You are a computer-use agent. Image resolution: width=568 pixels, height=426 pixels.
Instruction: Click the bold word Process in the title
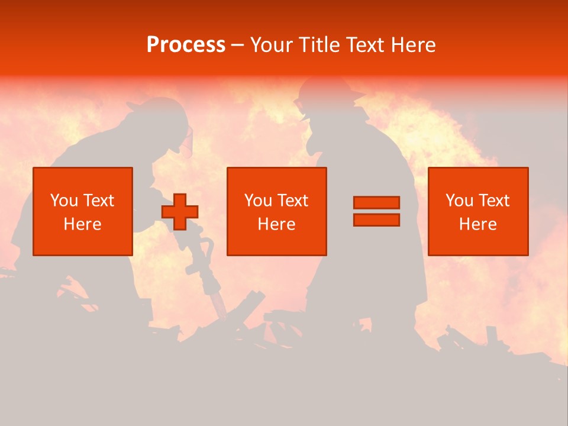(x=186, y=45)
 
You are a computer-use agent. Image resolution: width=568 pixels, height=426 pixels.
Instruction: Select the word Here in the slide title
(x=414, y=45)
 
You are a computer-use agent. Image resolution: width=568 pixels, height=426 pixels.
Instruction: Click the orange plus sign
(x=180, y=212)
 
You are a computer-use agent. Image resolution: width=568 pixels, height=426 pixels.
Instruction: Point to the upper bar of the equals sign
(x=376, y=202)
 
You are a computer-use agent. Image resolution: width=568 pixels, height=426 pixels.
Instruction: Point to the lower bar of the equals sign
(x=376, y=220)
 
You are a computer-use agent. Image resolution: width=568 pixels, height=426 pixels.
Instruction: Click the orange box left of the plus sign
(x=82, y=211)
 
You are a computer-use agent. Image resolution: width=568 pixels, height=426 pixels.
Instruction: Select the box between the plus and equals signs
(x=276, y=211)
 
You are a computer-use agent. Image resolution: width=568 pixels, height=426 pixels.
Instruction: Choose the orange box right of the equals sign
(x=477, y=211)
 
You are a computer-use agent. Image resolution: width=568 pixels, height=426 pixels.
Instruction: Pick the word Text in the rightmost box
(x=494, y=201)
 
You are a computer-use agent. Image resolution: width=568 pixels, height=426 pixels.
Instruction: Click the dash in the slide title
(x=238, y=46)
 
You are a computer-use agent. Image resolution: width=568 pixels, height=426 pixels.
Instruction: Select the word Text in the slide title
(x=365, y=45)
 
